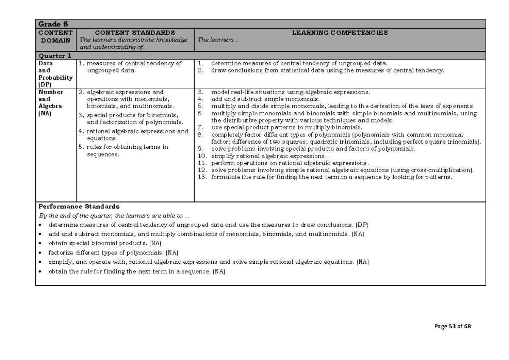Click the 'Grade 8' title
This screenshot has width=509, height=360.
point(53,24)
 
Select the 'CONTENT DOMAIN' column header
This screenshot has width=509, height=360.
point(56,36)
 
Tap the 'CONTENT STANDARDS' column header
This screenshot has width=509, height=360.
point(134,33)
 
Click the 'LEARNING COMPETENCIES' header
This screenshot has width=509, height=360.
point(340,33)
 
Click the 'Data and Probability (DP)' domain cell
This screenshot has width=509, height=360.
point(55,74)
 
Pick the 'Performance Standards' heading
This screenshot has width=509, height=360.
point(79,207)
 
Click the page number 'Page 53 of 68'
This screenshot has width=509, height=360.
point(453,327)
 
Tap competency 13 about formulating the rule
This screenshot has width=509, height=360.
point(331,177)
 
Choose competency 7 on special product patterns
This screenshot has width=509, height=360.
point(286,127)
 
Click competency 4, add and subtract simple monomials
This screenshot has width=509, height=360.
point(265,99)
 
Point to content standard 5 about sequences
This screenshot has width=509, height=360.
point(127,151)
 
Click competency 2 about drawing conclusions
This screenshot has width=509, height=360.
point(327,70)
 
